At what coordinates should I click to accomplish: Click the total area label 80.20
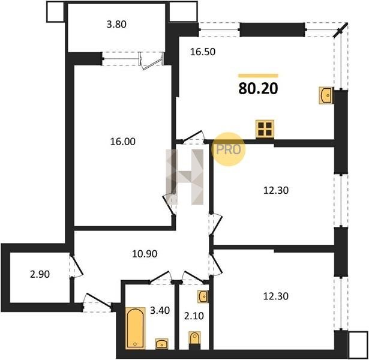pos(258,89)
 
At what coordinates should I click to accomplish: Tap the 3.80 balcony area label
pos(116,24)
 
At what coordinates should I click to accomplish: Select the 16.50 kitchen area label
pos(203,52)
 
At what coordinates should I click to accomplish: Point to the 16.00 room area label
pos(123,142)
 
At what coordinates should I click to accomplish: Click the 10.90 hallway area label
pos(145,254)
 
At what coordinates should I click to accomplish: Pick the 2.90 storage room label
pos(40,274)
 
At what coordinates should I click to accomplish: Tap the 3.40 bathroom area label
pos(160,310)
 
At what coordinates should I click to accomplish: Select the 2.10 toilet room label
pos(194,316)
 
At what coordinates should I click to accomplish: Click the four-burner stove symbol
pos(265,129)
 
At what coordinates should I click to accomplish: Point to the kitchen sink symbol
pos(326,95)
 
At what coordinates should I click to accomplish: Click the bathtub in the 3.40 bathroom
pos(136,328)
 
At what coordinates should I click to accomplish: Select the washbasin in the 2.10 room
pos(203,296)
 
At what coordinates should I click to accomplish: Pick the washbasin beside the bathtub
pos(161,344)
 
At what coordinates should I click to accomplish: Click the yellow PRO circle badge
pos(228,149)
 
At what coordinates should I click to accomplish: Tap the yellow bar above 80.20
pos(258,76)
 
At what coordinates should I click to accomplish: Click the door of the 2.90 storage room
pos(76,265)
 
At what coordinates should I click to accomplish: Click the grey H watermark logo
pos(185,177)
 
